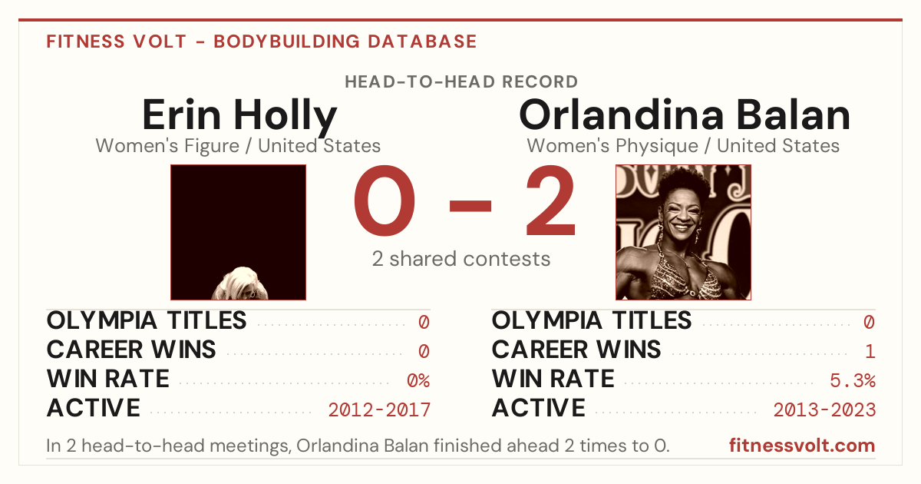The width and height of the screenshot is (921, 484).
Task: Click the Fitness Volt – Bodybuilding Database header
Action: coord(262,41)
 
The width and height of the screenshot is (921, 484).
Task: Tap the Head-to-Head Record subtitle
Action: coord(461,82)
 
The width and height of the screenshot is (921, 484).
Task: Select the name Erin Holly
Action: coord(239,116)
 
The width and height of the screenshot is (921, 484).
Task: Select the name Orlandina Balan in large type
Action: coord(685,115)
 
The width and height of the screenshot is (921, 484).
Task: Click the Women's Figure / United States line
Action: coord(238,146)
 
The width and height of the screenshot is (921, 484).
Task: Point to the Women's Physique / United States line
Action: coord(683,146)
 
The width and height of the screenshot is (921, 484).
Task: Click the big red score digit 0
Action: coord(385,201)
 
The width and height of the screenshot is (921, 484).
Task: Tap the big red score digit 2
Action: coord(550,201)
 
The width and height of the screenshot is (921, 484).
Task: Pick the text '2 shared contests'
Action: coord(461,259)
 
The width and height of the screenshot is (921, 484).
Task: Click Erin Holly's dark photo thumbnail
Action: coord(238,232)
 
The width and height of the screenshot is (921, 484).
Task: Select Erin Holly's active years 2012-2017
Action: coord(379,410)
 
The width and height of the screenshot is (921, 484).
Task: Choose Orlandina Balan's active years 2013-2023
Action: coord(824,410)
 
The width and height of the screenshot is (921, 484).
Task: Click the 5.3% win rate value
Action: coord(853,381)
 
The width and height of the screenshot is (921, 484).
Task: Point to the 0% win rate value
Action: coord(418,381)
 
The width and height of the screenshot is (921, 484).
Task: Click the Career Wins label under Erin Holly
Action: coord(131,350)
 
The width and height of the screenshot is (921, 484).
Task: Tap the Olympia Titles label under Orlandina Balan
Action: coord(592,320)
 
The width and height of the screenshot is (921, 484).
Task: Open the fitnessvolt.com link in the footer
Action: coord(802,446)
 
